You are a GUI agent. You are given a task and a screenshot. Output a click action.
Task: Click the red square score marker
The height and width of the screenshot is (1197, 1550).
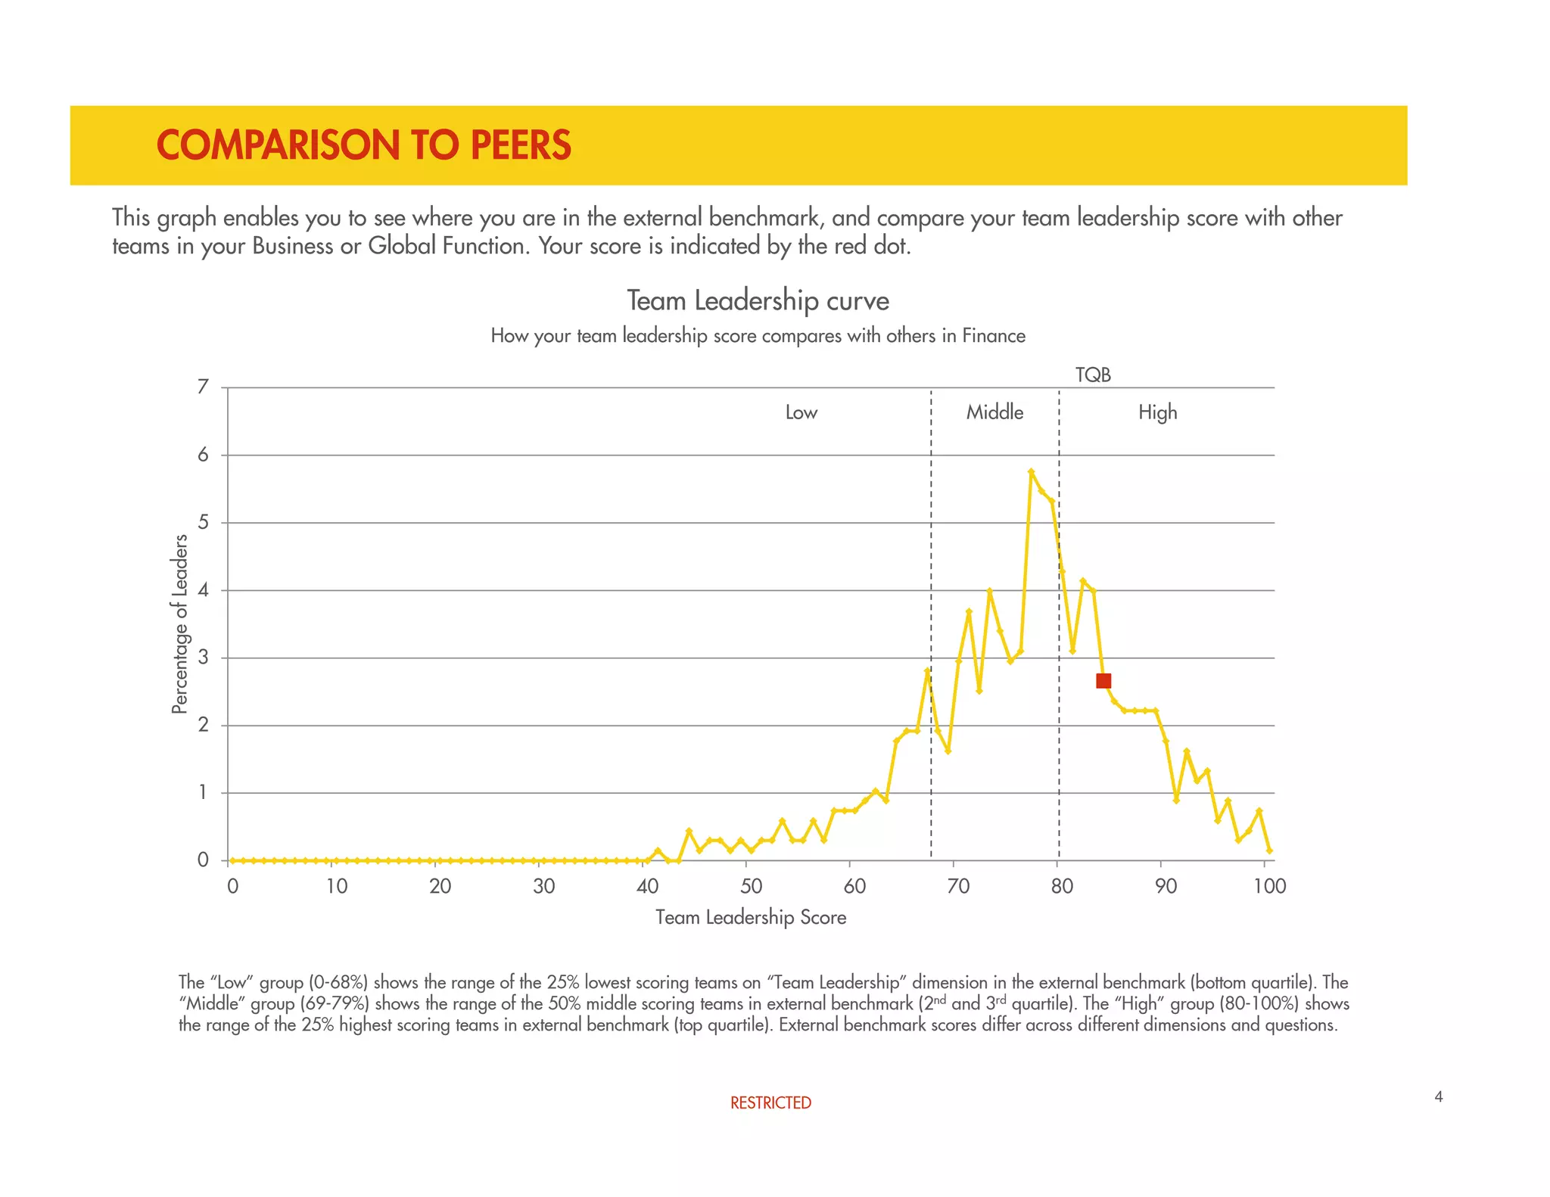[1103, 681]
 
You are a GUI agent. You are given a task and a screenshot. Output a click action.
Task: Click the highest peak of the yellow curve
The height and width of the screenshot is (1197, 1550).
[1031, 471]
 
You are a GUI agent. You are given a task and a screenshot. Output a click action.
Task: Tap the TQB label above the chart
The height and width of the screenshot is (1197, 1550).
[1093, 375]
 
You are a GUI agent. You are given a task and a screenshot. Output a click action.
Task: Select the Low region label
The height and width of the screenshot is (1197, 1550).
[801, 412]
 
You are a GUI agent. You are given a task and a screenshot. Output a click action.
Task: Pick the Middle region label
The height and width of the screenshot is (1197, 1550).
[994, 412]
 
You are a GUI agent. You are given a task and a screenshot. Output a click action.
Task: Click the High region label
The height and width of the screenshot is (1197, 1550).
[1157, 412]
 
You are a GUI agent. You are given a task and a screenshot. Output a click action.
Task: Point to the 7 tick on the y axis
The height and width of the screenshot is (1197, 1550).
[202, 387]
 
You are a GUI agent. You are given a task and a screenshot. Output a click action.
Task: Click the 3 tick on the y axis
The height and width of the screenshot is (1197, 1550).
[202, 658]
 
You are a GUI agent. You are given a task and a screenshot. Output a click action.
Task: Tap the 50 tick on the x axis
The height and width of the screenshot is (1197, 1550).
[751, 886]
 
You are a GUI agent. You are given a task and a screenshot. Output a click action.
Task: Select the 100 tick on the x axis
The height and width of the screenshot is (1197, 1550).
[1269, 886]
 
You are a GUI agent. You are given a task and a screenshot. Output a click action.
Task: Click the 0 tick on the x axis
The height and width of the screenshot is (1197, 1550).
[232, 886]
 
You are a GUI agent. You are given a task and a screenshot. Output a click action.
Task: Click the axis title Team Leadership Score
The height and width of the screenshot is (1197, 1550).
[750, 918]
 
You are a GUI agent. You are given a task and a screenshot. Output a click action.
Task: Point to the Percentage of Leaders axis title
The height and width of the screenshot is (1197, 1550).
[179, 623]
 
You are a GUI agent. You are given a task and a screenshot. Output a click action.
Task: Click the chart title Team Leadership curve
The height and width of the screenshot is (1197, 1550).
[758, 300]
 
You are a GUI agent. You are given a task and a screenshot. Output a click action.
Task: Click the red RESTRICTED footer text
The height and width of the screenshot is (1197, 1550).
[770, 1103]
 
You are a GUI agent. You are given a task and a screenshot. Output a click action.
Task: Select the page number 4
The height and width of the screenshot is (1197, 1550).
[1438, 1096]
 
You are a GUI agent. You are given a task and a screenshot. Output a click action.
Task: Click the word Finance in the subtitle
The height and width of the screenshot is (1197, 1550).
[994, 336]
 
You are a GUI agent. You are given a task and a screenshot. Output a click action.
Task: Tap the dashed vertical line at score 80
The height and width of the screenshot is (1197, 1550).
[1059, 719]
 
